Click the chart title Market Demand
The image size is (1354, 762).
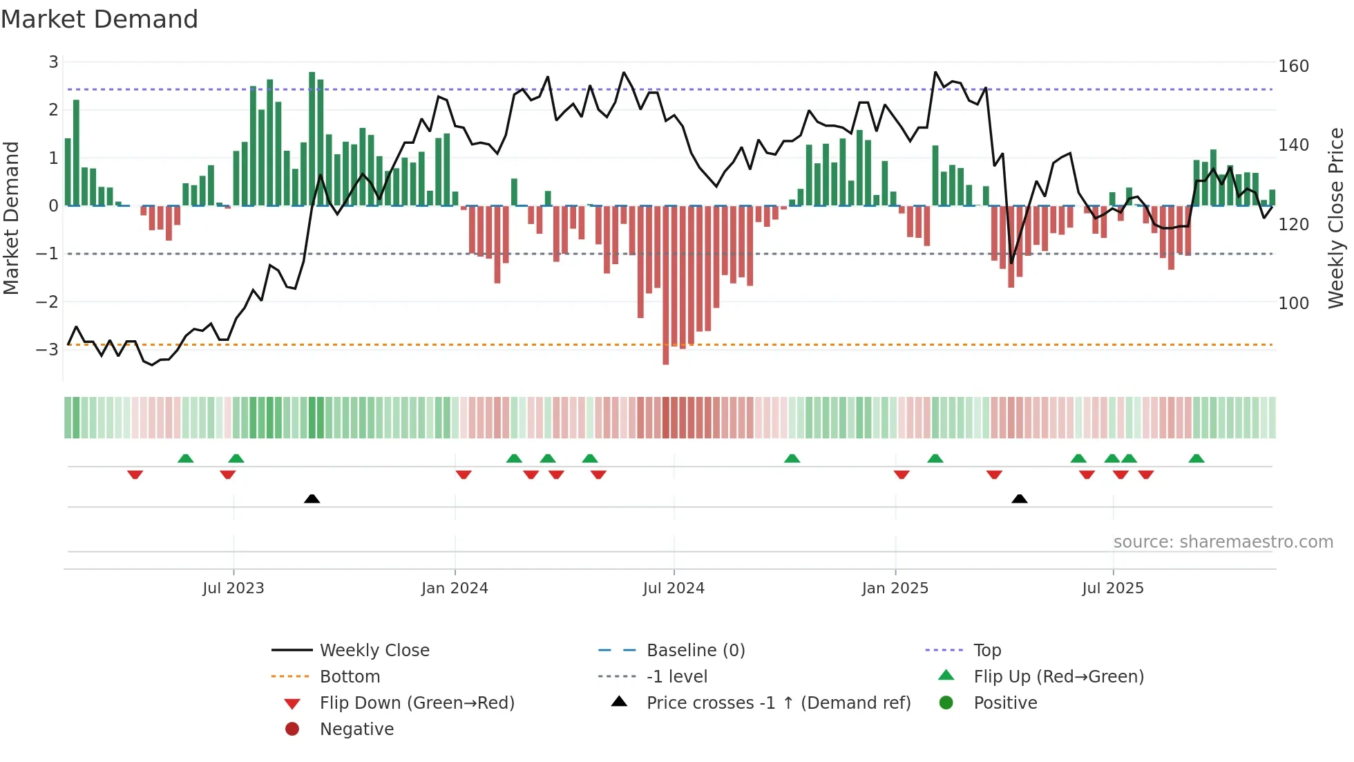(x=99, y=19)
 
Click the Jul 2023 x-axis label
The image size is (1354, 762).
(x=233, y=588)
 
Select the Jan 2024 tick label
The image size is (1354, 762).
(x=455, y=588)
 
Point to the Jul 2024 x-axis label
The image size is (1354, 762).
(x=674, y=588)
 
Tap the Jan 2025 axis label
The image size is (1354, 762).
(x=895, y=588)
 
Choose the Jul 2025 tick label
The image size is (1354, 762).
(x=1113, y=588)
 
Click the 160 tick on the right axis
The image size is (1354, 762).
(x=1293, y=66)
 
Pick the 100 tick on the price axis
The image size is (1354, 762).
(x=1293, y=304)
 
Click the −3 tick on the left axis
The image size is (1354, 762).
(x=48, y=349)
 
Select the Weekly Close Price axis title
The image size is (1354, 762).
(x=1336, y=218)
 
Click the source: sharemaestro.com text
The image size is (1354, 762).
(x=1223, y=542)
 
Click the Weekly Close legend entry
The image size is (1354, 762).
(x=374, y=651)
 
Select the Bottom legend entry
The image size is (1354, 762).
(x=350, y=677)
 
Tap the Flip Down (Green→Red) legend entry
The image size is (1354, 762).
(x=417, y=703)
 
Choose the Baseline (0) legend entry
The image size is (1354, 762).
(x=695, y=651)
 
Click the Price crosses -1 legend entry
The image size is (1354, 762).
(x=778, y=703)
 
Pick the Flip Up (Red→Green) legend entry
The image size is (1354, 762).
(x=1058, y=677)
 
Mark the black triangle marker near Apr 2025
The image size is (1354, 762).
(x=1019, y=499)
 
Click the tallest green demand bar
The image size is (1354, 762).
(x=312, y=138)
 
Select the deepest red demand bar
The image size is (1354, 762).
(x=666, y=285)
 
